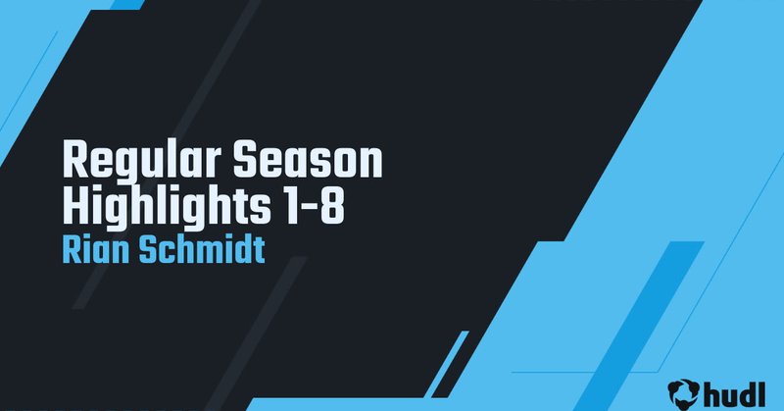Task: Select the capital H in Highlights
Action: (73, 206)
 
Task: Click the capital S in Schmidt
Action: (140, 248)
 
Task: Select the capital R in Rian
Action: (70, 248)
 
